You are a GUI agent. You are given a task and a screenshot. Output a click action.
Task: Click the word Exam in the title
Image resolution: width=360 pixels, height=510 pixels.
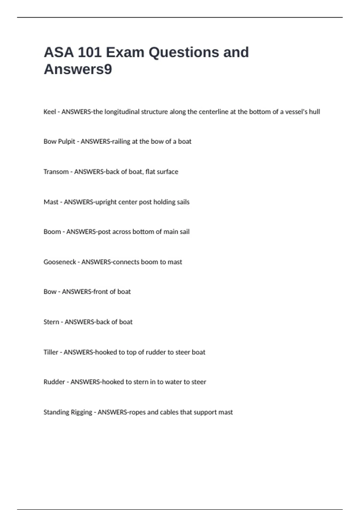pyautogui.click(x=125, y=52)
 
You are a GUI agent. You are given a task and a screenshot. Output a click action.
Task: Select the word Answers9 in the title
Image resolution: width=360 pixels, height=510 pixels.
pyautogui.click(x=78, y=69)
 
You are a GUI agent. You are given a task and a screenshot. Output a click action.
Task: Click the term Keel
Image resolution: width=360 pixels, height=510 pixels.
pyautogui.click(x=50, y=112)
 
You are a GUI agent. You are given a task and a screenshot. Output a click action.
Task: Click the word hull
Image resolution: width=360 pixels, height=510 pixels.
pyautogui.click(x=315, y=112)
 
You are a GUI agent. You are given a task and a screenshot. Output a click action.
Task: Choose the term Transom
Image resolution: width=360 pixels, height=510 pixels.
pyautogui.click(x=56, y=172)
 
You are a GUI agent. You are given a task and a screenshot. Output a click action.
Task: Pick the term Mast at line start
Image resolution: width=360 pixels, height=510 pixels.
pyautogui.click(x=51, y=202)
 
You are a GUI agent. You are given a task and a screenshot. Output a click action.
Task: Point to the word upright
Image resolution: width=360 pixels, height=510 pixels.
pyautogui.click(x=106, y=202)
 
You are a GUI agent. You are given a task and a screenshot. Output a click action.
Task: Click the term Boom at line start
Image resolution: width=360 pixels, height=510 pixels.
pyautogui.click(x=52, y=232)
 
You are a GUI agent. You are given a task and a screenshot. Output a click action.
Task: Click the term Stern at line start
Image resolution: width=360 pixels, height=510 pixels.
pyautogui.click(x=51, y=322)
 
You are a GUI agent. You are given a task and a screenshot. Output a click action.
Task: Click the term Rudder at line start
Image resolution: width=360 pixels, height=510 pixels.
pyautogui.click(x=54, y=382)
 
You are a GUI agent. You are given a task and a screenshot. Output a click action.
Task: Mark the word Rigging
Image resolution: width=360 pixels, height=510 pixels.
pyautogui.click(x=82, y=412)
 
